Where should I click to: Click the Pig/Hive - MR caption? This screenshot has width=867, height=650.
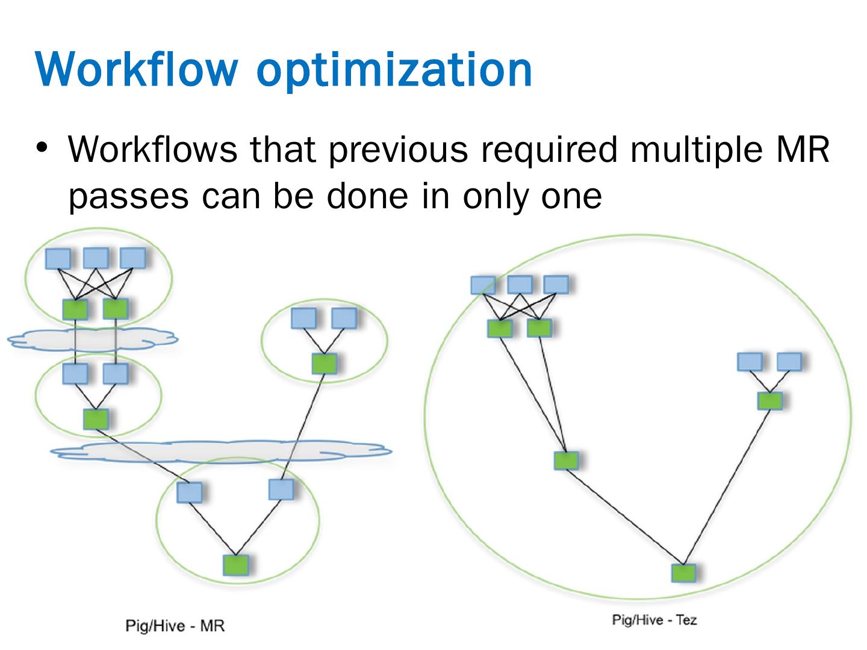click(175, 626)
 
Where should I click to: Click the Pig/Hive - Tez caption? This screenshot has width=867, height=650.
click(654, 620)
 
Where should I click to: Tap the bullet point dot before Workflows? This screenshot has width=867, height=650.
click(42, 147)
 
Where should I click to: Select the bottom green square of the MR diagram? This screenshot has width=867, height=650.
click(235, 565)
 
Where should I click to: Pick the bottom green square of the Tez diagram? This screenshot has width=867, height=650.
click(683, 572)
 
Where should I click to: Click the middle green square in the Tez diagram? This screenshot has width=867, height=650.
click(566, 460)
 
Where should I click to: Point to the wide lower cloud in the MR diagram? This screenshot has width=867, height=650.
click(220, 451)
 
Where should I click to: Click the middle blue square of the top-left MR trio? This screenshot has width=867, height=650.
click(95, 258)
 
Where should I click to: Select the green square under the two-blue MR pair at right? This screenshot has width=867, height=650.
click(324, 363)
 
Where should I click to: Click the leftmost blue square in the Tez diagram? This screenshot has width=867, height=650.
click(482, 285)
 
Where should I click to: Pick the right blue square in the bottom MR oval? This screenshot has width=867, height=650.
click(281, 489)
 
